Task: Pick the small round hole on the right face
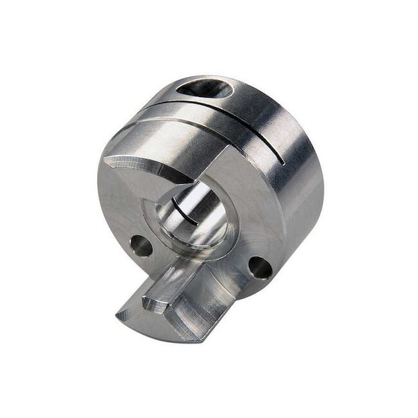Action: [x=259, y=267]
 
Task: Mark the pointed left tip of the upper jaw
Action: [x=106, y=160]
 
